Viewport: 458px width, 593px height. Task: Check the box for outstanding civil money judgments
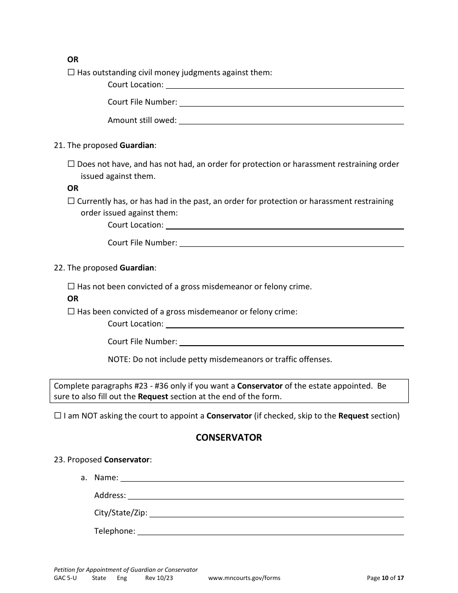coord(71,73)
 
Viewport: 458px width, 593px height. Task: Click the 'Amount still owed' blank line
coord(291,120)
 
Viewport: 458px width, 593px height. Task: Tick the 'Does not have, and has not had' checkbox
coord(71,164)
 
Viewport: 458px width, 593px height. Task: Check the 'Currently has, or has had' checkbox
coord(71,201)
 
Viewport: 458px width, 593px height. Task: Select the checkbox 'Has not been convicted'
coord(71,286)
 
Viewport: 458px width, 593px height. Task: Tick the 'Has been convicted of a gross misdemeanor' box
coord(71,311)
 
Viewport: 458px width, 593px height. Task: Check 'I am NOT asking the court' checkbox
coord(58,416)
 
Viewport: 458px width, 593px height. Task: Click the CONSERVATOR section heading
coord(229,438)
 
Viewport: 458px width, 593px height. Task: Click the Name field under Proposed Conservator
coord(262,477)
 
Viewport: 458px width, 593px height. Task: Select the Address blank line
coord(265,495)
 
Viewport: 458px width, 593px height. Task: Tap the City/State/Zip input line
coord(276,513)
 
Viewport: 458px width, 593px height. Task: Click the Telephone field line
coord(270,531)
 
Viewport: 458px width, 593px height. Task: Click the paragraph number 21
coord(59,145)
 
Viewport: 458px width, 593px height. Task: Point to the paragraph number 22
coord(59,268)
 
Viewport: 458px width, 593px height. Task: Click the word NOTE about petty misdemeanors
coord(119,359)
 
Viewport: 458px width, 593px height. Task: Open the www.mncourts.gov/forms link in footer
coord(244,578)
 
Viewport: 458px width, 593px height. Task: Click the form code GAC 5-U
coord(65,578)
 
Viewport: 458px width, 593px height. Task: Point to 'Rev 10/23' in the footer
coord(159,578)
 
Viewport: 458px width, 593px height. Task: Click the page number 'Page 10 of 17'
coord(385,578)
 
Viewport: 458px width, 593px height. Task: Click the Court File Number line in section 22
coord(291,341)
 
